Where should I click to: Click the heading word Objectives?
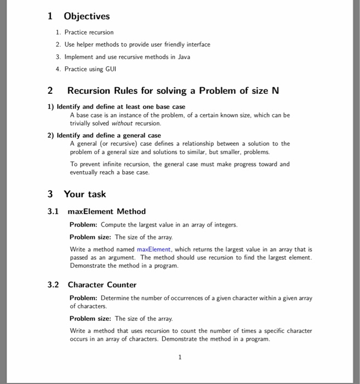(x=87, y=16)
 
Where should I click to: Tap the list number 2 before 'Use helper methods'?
(x=58, y=44)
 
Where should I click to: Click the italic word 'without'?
(x=123, y=124)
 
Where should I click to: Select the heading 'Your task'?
(x=85, y=194)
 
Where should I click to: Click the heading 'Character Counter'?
(x=102, y=285)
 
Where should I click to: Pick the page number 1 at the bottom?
(x=180, y=357)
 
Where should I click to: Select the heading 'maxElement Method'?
(x=106, y=211)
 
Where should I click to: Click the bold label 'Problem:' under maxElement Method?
(x=83, y=225)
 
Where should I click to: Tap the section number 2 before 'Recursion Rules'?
(x=50, y=91)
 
